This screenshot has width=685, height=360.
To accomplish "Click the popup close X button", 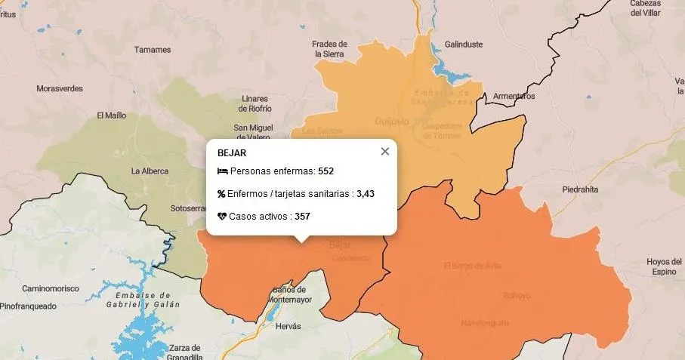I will click(385, 152).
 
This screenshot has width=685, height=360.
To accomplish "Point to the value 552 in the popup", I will click(326, 171).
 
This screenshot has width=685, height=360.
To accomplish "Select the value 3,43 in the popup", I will click(366, 194).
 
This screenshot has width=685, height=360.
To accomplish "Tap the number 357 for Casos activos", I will click(302, 217).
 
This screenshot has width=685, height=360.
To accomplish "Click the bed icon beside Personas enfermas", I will click(222, 171).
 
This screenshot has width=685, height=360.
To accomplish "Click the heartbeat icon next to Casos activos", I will click(222, 217).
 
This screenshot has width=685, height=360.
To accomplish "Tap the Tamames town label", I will click(153, 50).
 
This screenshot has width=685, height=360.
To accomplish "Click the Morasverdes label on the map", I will click(60, 89).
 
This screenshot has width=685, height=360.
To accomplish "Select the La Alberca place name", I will click(149, 171).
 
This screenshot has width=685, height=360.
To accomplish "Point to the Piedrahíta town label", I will click(580, 190).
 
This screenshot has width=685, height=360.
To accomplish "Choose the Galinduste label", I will click(464, 45).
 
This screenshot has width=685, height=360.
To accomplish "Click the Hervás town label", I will click(289, 326).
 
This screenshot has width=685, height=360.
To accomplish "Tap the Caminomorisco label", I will click(50, 288).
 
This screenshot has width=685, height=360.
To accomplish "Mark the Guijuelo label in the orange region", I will click(391, 121).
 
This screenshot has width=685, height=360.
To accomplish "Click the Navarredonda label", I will click(485, 323).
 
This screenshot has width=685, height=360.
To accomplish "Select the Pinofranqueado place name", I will click(28, 306).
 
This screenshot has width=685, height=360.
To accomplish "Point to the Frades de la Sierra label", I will click(330, 49).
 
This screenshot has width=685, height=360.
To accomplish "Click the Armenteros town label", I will click(514, 97).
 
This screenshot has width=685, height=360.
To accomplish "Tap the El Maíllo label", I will click(112, 116).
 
